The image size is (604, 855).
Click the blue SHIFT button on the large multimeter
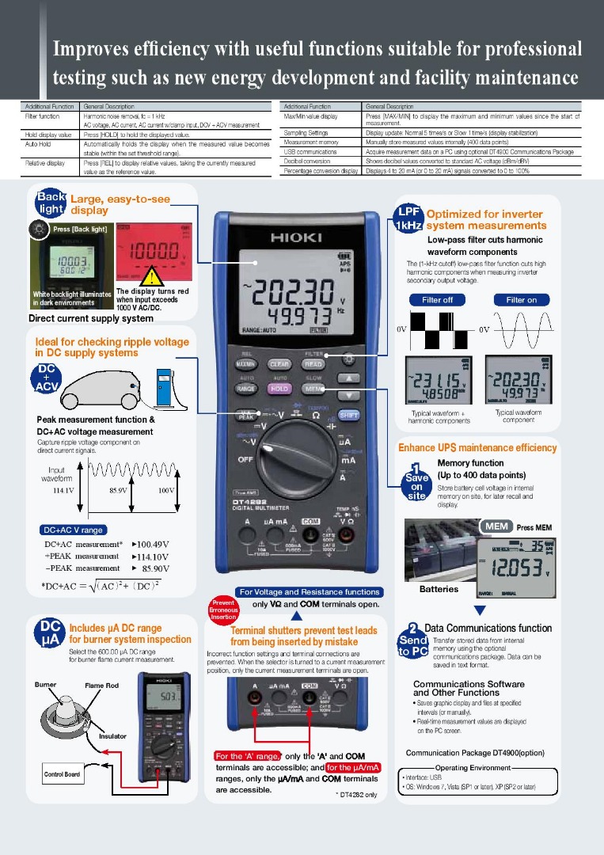pyautogui.click(x=349, y=414)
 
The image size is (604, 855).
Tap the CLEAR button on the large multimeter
pyautogui.click(x=279, y=364)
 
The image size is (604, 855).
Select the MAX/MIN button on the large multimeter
pyautogui.click(x=245, y=364)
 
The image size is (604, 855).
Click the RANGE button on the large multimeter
pyautogui.click(x=245, y=389)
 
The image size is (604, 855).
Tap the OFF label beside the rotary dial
pyautogui.click(x=245, y=458)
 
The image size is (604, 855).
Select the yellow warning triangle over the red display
pyautogui.click(x=150, y=277)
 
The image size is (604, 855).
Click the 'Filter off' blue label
pyautogui.click(x=437, y=300)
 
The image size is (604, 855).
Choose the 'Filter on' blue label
pyautogui.click(x=521, y=300)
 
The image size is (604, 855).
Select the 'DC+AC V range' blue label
pyautogui.click(x=73, y=530)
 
